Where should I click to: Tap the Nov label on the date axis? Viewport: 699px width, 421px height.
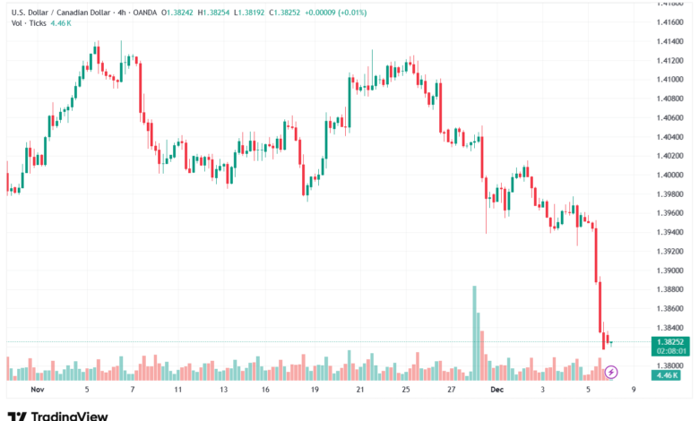point(37,391)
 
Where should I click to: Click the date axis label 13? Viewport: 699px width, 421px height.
point(222,391)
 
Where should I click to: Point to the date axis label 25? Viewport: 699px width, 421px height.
point(405,391)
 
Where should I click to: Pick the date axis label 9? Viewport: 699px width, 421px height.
point(634,391)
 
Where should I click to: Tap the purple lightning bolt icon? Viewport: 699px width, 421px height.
point(611,372)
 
